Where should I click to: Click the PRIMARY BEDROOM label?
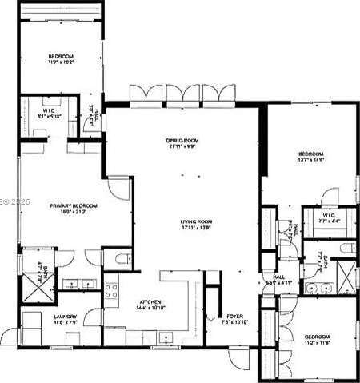(x=74, y=205)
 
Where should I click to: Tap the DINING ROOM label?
(x=182, y=140)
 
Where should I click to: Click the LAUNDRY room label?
(x=66, y=317)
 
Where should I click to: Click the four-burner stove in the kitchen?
(x=111, y=290)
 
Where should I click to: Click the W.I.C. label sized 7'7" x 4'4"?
(x=328, y=219)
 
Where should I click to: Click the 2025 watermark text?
(x=17, y=203)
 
